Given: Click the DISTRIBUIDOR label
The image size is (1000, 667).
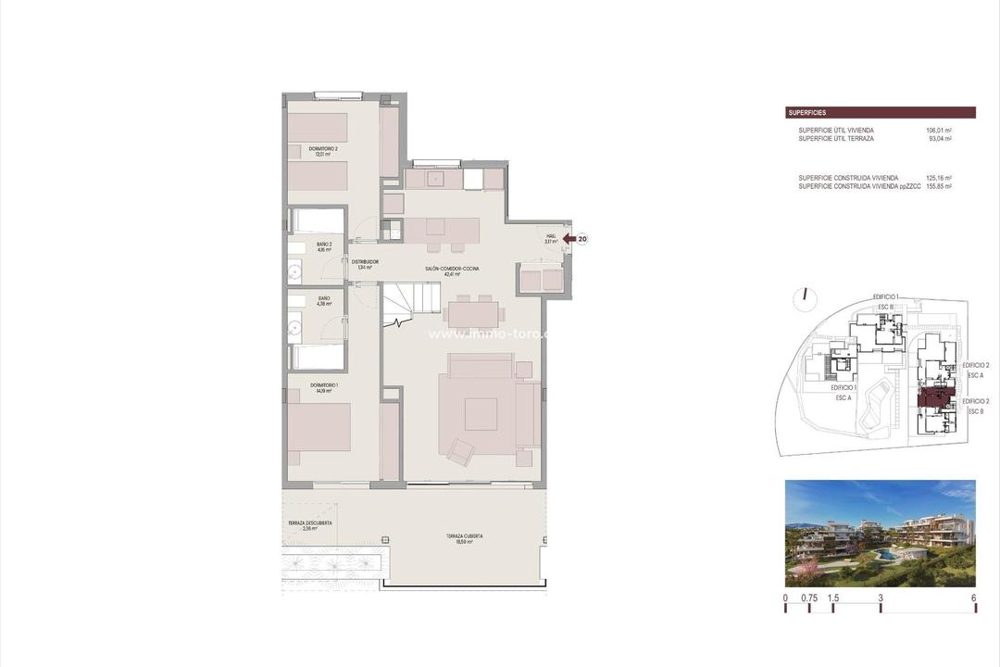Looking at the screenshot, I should click(364, 264).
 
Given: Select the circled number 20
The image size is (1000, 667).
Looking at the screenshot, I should click(582, 238).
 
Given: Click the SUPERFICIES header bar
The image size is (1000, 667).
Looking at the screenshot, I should click(880, 112).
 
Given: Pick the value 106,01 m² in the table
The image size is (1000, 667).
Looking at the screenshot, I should click(939, 131).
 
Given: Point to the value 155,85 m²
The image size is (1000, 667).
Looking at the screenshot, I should click(939, 186).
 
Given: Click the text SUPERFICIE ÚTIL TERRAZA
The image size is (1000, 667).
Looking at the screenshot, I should click(835, 138).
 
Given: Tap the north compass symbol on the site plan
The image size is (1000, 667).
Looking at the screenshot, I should click(805, 296).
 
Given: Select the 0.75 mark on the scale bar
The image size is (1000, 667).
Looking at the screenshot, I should click(809, 598).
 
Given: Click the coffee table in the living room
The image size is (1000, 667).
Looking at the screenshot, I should click(481, 413).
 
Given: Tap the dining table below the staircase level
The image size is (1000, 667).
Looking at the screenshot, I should click(472, 311).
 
